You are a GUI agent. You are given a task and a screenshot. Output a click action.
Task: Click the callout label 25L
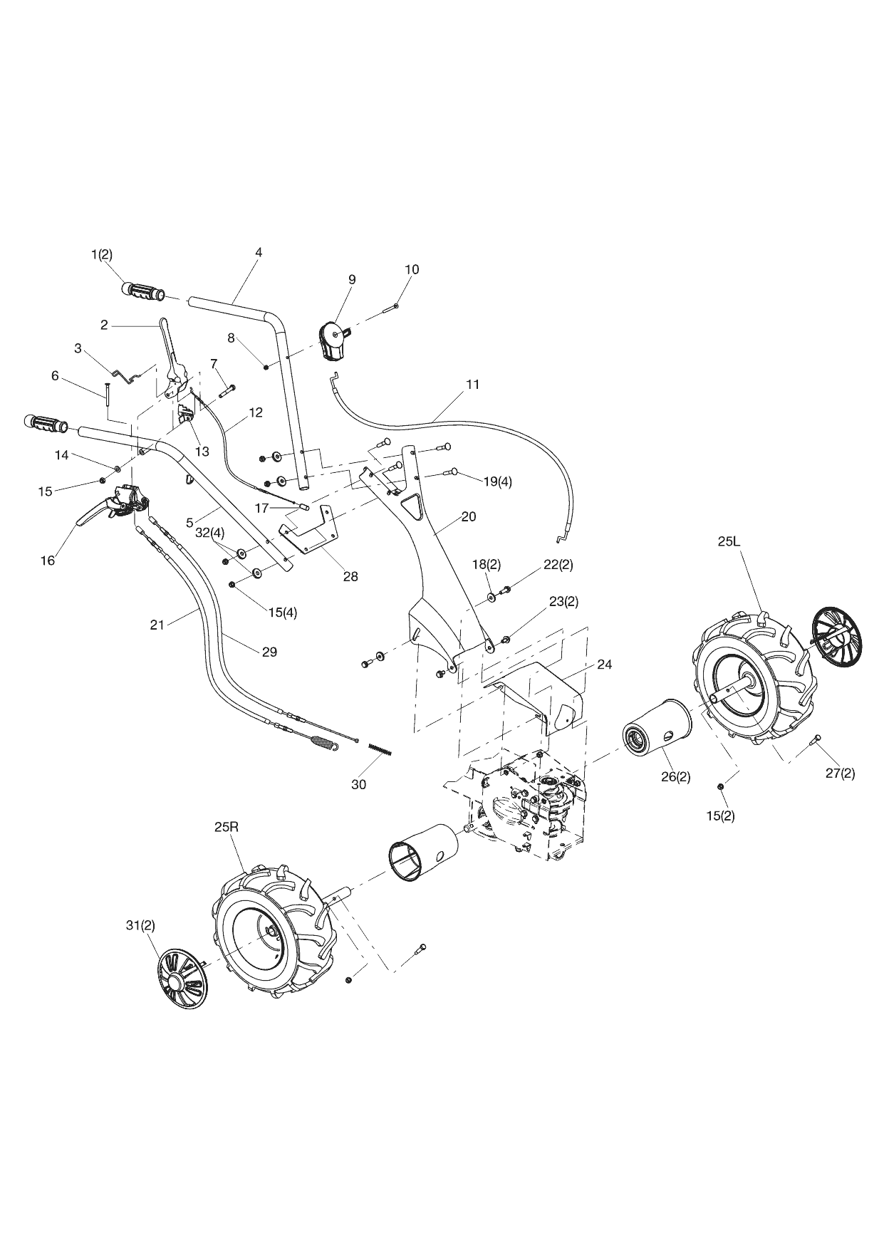click(x=729, y=542)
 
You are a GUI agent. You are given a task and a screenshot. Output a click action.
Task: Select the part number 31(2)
click(x=140, y=925)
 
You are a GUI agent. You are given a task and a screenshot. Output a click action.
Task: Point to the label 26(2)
click(x=675, y=776)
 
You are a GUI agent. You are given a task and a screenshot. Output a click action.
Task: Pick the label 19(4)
click(x=497, y=481)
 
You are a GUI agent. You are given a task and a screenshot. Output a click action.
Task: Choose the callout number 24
click(x=604, y=664)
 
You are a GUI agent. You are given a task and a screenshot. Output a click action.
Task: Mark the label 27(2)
click(x=841, y=774)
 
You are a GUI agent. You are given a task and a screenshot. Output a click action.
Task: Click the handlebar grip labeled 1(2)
click(x=142, y=291)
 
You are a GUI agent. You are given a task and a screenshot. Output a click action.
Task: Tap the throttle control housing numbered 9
click(x=333, y=340)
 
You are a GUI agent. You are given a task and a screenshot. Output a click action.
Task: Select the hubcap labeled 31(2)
click(x=181, y=981)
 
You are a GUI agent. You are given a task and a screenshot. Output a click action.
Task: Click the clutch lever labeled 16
click(x=96, y=511)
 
